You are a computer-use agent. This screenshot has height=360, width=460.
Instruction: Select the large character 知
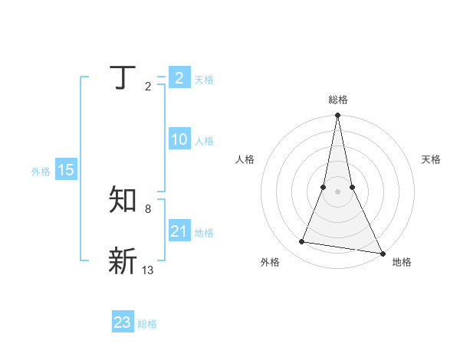[x=123, y=201]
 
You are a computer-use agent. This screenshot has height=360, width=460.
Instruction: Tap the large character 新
[x=123, y=261]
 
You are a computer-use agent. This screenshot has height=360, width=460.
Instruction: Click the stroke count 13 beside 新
[x=148, y=270]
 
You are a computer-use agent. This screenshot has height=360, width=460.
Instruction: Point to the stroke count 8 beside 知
[x=147, y=209]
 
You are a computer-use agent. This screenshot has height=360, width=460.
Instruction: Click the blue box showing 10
[x=179, y=139]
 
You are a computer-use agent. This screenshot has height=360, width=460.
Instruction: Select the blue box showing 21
[x=179, y=231]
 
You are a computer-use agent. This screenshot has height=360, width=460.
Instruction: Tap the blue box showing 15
[x=66, y=170]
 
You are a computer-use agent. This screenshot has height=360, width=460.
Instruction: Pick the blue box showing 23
[x=123, y=322]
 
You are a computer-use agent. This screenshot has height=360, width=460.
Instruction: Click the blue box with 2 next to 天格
[x=179, y=77]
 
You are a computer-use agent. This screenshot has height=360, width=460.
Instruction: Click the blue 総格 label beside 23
[x=147, y=324]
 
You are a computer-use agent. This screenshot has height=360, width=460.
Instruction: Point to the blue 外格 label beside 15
[x=41, y=172]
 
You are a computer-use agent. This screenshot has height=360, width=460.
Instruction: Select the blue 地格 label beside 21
[x=204, y=233]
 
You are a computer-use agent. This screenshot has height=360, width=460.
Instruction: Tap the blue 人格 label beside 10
[x=204, y=141]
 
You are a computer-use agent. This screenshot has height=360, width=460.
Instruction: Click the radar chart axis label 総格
[x=338, y=100]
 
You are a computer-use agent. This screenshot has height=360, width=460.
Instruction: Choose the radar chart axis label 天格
[x=431, y=159]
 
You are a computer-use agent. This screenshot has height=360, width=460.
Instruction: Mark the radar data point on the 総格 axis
[x=338, y=116]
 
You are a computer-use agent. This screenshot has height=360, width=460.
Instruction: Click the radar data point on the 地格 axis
[x=382, y=253]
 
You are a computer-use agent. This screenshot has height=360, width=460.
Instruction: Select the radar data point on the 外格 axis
[x=302, y=242]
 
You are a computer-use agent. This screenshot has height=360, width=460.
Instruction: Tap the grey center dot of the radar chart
[x=338, y=191]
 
